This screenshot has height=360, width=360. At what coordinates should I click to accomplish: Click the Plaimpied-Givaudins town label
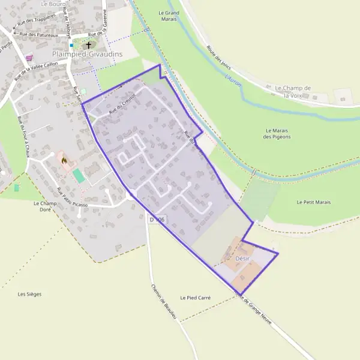tap(88, 54)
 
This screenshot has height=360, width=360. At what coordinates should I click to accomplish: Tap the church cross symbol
tap(89, 45)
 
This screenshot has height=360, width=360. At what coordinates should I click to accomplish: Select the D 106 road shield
tap(157, 220)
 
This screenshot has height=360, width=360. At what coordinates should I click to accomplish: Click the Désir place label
tap(242, 259)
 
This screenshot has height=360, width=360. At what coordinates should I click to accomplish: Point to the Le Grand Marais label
tap(169, 16)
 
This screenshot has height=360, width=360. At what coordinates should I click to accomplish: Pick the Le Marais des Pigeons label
tap(277, 133)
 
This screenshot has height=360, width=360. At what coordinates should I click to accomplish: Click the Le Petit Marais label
tap(313, 203)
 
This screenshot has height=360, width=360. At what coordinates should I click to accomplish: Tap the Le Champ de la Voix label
tap(293, 91)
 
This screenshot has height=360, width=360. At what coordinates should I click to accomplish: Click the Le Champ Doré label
tap(44, 206)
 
